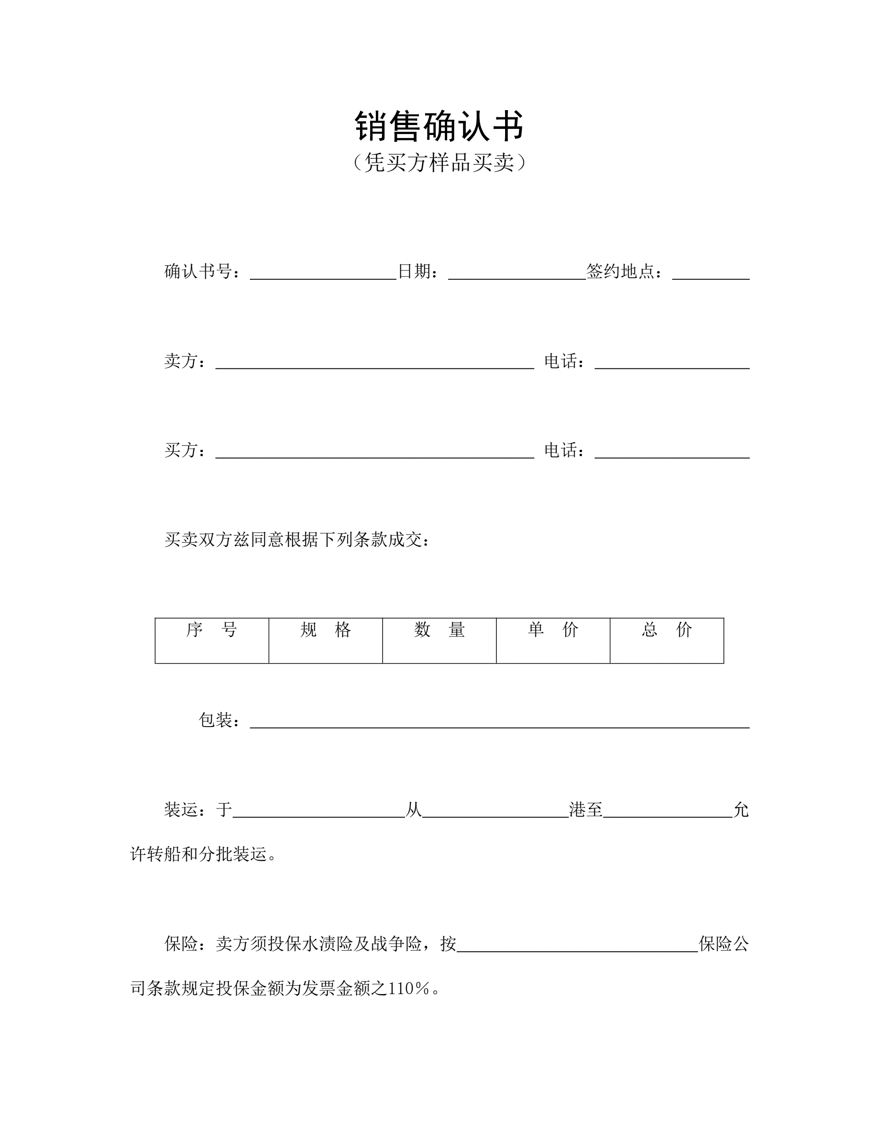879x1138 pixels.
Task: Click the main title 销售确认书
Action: (x=439, y=126)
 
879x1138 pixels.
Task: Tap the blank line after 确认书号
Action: (x=323, y=275)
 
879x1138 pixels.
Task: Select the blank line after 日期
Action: (x=517, y=275)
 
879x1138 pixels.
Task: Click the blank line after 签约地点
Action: (x=711, y=275)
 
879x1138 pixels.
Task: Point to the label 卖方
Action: (x=180, y=361)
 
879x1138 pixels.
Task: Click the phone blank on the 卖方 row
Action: (x=672, y=364)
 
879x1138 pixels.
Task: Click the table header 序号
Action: (x=212, y=630)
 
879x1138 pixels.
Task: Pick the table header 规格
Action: (x=326, y=630)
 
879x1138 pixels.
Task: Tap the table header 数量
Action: (x=439, y=630)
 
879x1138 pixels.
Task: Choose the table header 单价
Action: (x=553, y=630)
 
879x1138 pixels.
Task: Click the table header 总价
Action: (x=666, y=630)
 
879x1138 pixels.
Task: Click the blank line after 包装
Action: (x=500, y=723)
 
